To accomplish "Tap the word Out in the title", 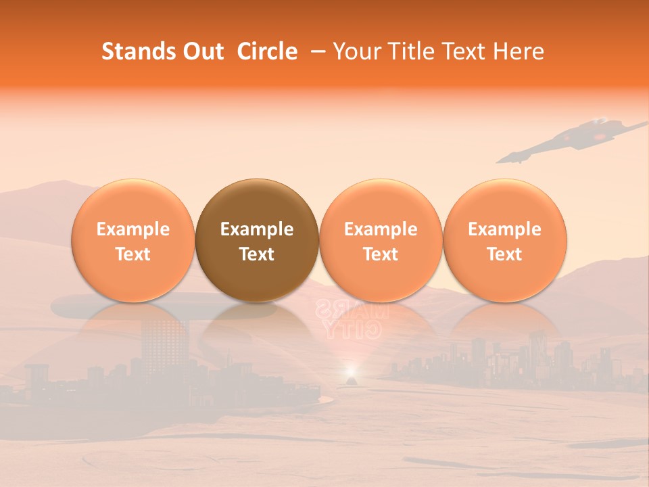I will click(x=201, y=52).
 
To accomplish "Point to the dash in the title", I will click(x=318, y=52).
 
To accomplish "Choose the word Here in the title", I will click(x=519, y=52).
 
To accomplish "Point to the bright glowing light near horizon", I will click(x=350, y=371).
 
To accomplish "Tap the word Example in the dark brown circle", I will click(x=257, y=229).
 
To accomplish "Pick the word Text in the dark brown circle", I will click(x=257, y=254).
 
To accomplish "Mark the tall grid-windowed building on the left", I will click(x=164, y=342).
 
